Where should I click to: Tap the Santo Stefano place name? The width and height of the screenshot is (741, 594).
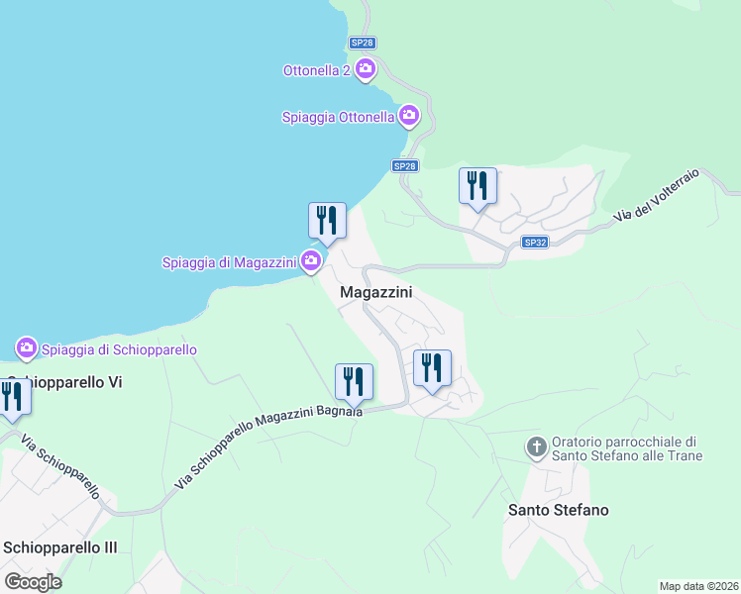click(558, 511)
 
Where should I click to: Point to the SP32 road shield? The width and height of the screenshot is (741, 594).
click(535, 243)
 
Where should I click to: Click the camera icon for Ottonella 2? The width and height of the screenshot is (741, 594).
click(365, 69)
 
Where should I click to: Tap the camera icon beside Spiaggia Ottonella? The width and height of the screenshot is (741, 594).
click(409, 117)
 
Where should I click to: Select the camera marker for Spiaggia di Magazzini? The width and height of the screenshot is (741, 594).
click(311, 261)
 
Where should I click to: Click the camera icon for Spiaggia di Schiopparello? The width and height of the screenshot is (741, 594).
click(27, 348)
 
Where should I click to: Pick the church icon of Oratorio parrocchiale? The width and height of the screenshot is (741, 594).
click(537, 448)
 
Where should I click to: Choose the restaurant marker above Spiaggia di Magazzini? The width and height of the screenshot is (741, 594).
click(327, 220)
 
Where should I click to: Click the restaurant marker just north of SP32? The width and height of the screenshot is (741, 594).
click(477, 185)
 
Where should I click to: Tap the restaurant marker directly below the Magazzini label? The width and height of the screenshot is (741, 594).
click(432, 368)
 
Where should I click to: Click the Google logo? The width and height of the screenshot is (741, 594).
click(33, 582)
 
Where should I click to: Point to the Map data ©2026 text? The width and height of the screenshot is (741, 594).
click(698, 586)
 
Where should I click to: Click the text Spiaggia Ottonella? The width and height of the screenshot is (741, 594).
click(338, 117)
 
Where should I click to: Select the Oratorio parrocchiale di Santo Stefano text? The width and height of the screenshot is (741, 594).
click(626, 448)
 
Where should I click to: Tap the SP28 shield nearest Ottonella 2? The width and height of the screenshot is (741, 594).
click(362, 44)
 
